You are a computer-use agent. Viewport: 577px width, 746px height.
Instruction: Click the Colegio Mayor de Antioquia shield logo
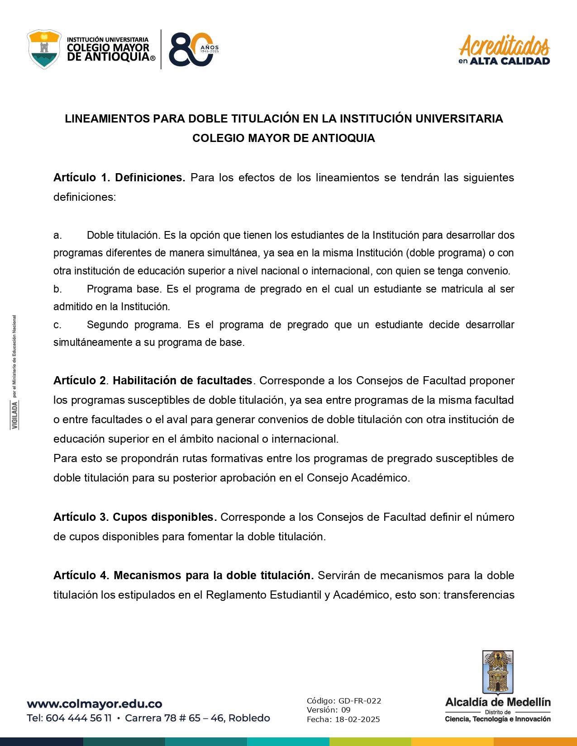coord(44,49)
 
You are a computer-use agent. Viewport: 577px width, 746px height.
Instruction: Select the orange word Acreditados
coord(504,45)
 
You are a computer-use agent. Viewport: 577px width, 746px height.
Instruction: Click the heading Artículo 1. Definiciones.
coord(119,178)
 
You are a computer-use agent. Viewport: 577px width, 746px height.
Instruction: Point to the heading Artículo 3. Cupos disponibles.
coord(135,517)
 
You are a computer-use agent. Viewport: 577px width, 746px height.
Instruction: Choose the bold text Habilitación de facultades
coord(182,381)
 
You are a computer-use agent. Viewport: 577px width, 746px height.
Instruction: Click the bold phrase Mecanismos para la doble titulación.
coord(213,576)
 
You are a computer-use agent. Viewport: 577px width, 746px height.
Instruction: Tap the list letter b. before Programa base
coord(57,289)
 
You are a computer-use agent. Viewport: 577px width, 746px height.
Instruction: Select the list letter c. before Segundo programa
coord(57,325)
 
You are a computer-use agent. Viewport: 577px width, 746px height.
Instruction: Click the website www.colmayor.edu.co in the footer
coord(94,704)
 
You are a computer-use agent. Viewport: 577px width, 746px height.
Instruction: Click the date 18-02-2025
coord(357,719)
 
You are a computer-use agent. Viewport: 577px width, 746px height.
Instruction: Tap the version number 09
coord(346,710)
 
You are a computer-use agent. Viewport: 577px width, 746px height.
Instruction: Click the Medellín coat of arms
coord(498,672)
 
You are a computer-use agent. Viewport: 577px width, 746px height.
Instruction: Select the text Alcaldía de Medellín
coord(498,702)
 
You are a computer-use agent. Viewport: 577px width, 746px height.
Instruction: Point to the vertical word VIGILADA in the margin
coord(15,415)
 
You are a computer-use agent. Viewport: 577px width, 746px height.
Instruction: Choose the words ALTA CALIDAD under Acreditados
coord(510,61)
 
